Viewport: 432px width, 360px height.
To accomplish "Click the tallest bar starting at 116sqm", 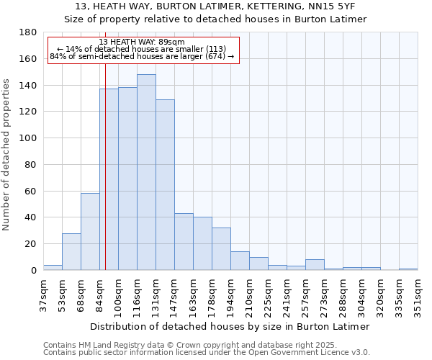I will pyautogui.click(x=146, y=173).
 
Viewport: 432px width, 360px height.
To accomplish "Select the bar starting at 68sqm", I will pyautogui.click(x=90, y=232).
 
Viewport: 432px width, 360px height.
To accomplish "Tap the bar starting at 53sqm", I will pyautogui.click(x=71, y=252).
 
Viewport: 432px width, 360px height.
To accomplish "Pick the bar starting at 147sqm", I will pyautogui.click(x=184, y=242).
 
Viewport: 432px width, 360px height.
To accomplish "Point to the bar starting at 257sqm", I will pyautogui.click(x=315, y=265).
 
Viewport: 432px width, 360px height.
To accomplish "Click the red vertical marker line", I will pyautogui.click(x=105, y=180).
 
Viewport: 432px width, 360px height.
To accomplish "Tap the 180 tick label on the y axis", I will pyautogui.click(x=29, y=32).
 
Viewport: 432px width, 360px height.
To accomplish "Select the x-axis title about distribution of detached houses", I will pyautogui.click(x=230, y=326).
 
